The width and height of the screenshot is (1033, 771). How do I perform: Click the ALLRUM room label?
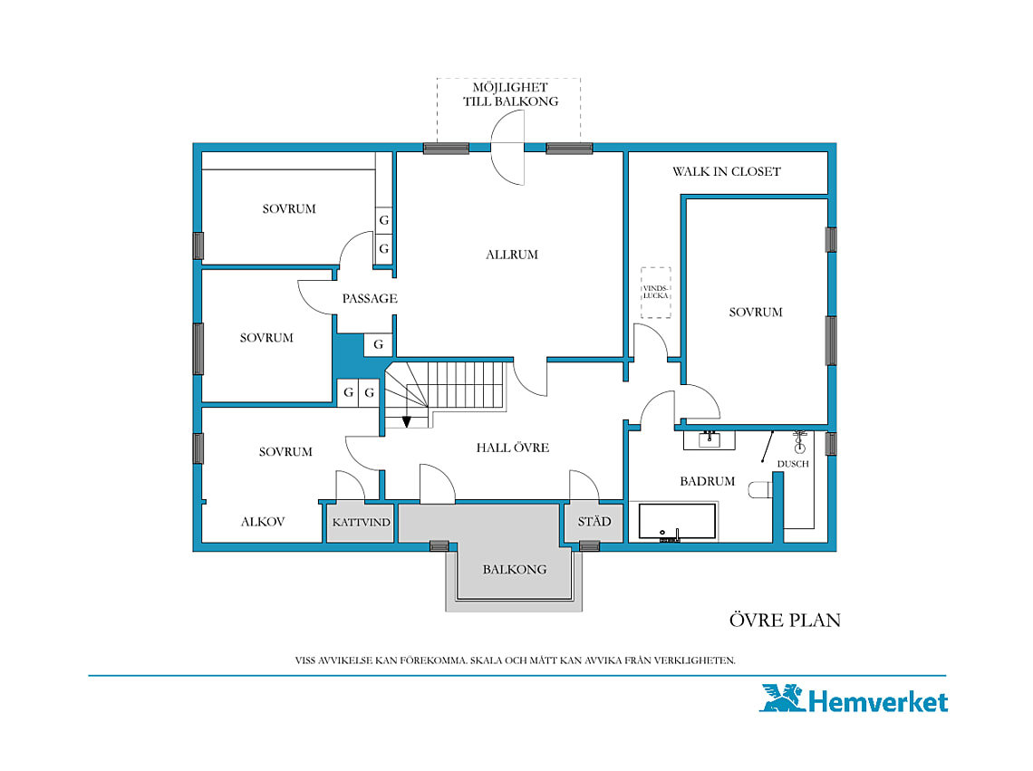[512, 255]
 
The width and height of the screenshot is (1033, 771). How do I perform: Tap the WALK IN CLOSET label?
[727, 171]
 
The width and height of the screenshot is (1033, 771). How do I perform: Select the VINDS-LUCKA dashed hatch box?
[656, 293]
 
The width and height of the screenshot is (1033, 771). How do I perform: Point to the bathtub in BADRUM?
[677, 523]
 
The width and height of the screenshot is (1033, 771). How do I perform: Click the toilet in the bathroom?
[760, 489]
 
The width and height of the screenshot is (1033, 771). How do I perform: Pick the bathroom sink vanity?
[709, 439]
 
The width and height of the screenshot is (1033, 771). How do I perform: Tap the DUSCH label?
[793, 464]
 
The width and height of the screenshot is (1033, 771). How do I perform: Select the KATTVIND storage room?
[361, 523]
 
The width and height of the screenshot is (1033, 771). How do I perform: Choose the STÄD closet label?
[594, 522]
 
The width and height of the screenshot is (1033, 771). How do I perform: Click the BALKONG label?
[515, 569]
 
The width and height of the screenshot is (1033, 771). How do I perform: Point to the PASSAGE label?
[370, 298]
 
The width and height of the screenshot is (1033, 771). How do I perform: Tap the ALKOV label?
[263, 522]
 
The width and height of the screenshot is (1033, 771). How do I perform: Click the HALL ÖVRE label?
[513, 448]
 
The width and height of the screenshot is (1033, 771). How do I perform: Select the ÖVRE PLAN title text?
[785, 620]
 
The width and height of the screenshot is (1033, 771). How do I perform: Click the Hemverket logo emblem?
[783, 698]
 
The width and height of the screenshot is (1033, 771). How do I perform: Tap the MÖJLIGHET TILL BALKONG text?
[510, 94]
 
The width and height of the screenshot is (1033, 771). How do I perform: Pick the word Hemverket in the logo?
[878, 702]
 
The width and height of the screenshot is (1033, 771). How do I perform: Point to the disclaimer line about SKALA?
[516, 660]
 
